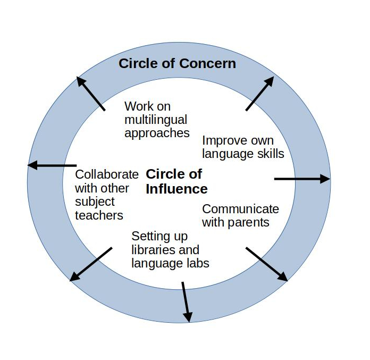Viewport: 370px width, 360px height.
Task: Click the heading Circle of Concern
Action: tap(177, 64)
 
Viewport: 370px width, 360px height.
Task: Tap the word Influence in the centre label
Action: tap(176, 189)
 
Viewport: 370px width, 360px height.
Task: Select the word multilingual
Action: tap(156, 120)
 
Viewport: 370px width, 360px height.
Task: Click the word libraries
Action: tap(150, 249)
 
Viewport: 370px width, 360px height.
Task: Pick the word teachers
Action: tap(99, 215)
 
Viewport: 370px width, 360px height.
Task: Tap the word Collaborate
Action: tap(107, 174)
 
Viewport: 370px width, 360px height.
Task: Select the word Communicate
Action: tap(240, 208)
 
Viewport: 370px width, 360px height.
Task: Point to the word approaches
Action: tap(157, 133)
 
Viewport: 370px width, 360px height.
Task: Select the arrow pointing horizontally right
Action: tap(301, 179)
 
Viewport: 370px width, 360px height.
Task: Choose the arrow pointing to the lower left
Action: tap(91, 264)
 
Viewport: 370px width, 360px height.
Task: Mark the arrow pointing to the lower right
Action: tap(266, 264)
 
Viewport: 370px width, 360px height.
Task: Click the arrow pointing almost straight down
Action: tap(186, 302)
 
